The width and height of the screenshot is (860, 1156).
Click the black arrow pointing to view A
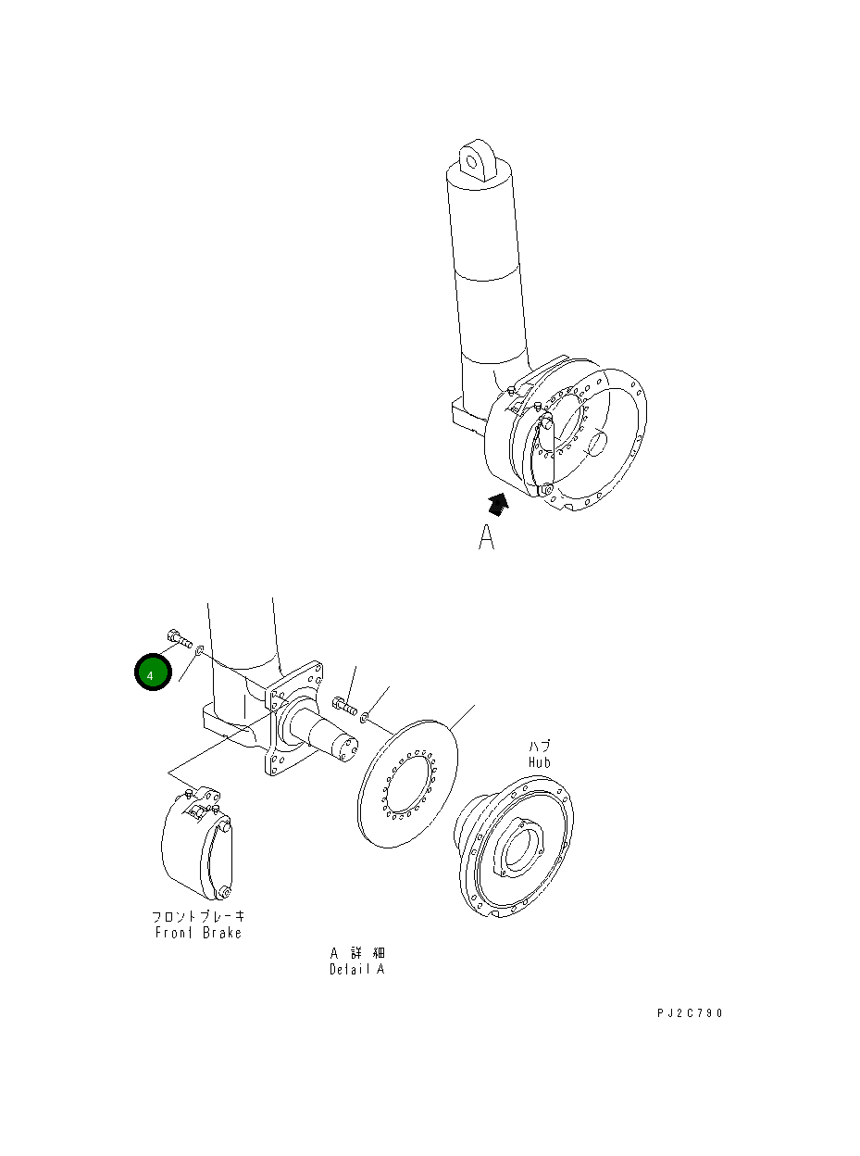click(499, 505)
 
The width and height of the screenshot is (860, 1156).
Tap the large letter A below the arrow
click(487, 537)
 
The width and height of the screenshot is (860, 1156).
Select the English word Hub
click(539, 761)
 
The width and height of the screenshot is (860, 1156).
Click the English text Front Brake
click(198, 933)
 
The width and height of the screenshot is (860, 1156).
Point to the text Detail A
click(356, 970)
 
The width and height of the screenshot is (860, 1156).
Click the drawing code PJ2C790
click(690, 1013)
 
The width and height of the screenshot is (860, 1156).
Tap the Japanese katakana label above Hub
click(539, 746)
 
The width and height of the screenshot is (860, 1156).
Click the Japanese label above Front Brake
click(198, 917)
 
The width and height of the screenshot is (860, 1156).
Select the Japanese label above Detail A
click(357, 953)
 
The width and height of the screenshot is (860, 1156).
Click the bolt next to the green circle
click(179, 637)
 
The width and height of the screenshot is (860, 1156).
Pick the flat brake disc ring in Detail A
click(407, 783)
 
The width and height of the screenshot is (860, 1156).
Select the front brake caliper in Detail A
click(196, 843)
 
